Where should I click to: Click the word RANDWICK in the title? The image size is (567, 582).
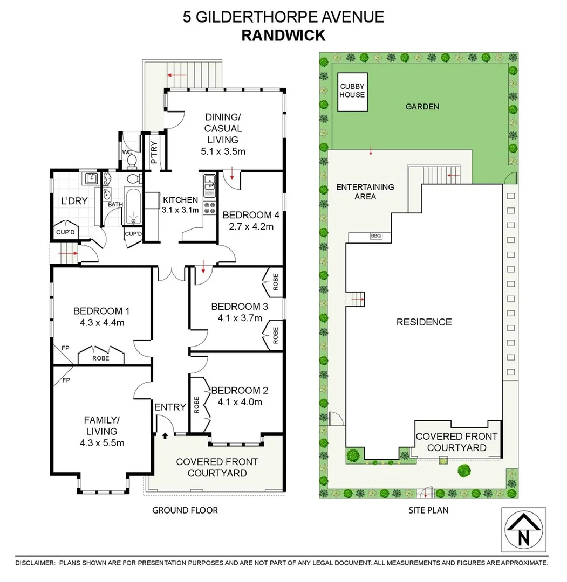(x=283, y=36)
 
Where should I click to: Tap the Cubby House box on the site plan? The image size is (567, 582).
(x=352, y=91)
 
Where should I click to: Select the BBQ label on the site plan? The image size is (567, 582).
(x=375, y=235)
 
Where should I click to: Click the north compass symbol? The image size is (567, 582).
(x=523, y=531)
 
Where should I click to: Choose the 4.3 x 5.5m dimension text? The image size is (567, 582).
(x=102, y=443)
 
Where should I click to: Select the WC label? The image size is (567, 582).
(x=127, y=153)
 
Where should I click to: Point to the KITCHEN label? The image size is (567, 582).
(x=181, y=199)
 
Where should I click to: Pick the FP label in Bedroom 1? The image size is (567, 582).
(x=66, y=348)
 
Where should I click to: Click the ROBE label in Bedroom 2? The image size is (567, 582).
(x=196, y=405)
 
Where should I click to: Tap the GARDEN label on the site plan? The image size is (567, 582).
(x=422, y=107)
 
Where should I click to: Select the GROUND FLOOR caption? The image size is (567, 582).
(x=185, y=510)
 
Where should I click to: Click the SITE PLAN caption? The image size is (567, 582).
(x=428, y=510)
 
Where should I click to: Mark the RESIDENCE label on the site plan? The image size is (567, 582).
(x=424, y=322)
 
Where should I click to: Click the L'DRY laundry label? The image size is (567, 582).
(x=74, y=200)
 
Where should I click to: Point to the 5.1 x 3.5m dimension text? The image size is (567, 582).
(x=223, y=151)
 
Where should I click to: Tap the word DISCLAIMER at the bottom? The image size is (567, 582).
(x=35, y=563)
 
